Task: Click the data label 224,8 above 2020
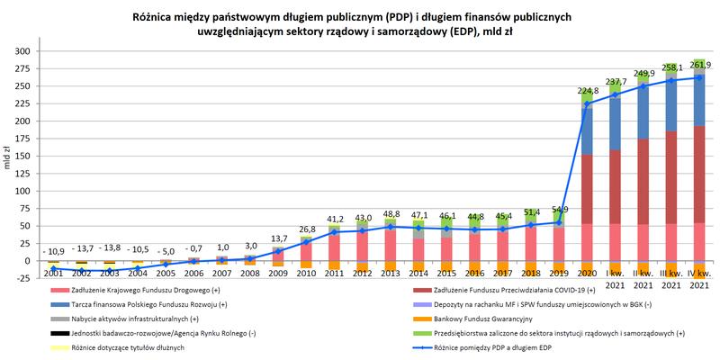(x=588, y=91)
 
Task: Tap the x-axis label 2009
(x=278, y=272)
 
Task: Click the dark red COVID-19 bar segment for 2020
(x=588, y=189)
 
